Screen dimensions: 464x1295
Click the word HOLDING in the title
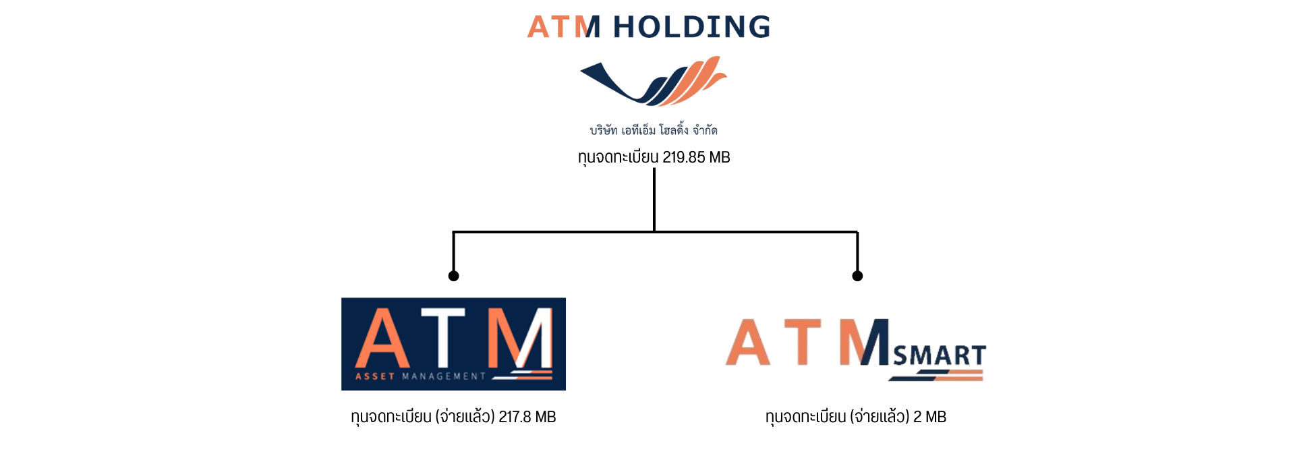(x=691, y=27)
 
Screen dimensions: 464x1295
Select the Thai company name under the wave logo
(x=653, y=129)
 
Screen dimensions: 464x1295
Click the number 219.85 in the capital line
(x=683, y=157)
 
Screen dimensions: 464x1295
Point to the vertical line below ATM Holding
(x=654, y=199)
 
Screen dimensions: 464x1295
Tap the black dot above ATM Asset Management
(x=454, y=276)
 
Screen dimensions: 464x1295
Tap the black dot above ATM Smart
(x=857, y=276)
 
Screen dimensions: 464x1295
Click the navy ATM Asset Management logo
(x=453, y=344)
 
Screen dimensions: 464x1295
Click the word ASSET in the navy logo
(x=374, y=376)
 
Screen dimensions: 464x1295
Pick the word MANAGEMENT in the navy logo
(x=443, y=376)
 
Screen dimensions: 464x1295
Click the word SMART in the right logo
(x=939, y=355)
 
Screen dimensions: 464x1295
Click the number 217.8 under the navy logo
(x=514, y=417)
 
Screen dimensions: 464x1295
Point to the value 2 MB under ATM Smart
(x=929, y=417)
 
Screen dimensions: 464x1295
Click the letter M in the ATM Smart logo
(x=864, y=342)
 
